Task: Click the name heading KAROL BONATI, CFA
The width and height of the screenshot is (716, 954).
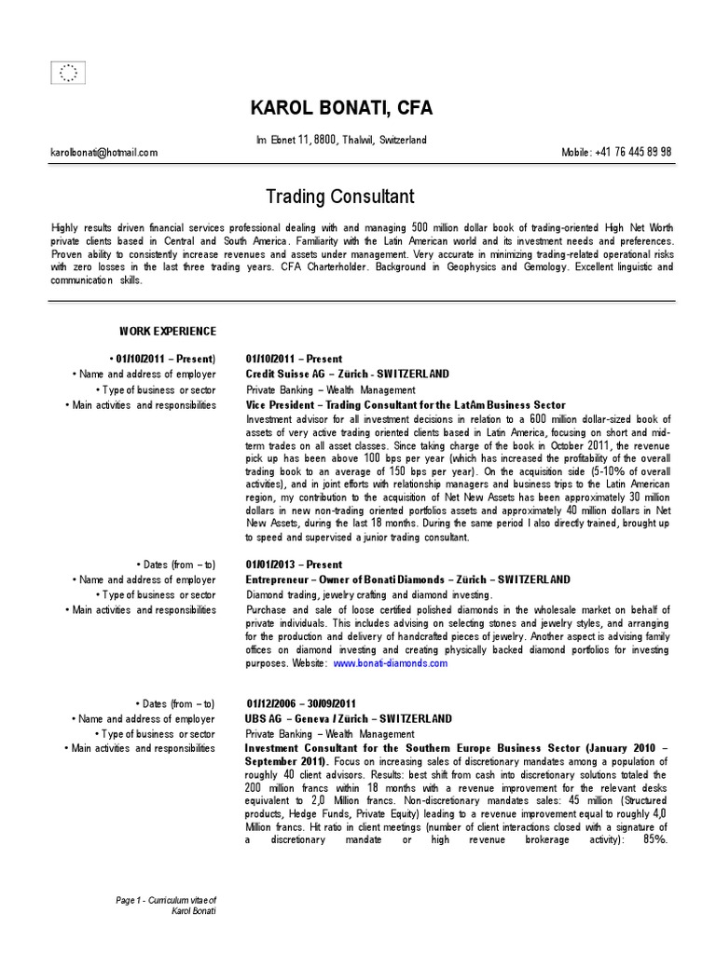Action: [x=342, y=109]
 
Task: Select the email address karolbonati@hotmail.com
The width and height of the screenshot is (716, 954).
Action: [x=103, y=153]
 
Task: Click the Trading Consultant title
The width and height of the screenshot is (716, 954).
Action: [x=340, y=197]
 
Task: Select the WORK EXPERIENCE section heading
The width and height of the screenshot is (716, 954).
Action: [x=168, y=332]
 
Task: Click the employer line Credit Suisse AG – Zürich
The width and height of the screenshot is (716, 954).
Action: [x=335, y=374]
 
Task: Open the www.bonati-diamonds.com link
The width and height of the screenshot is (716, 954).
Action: [x=390, y=663]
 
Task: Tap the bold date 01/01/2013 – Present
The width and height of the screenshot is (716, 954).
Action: [x=295, y=565]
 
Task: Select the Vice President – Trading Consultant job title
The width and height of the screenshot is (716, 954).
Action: [x=406, y=405]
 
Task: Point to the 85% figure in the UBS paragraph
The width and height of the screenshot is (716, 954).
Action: [x=654, y=839]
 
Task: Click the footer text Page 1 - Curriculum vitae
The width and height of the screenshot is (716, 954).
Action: [x=167, y=899]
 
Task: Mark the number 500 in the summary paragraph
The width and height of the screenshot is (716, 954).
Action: [x=420, y=227]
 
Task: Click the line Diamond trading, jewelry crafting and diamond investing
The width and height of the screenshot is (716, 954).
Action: [x=369, y=595]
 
